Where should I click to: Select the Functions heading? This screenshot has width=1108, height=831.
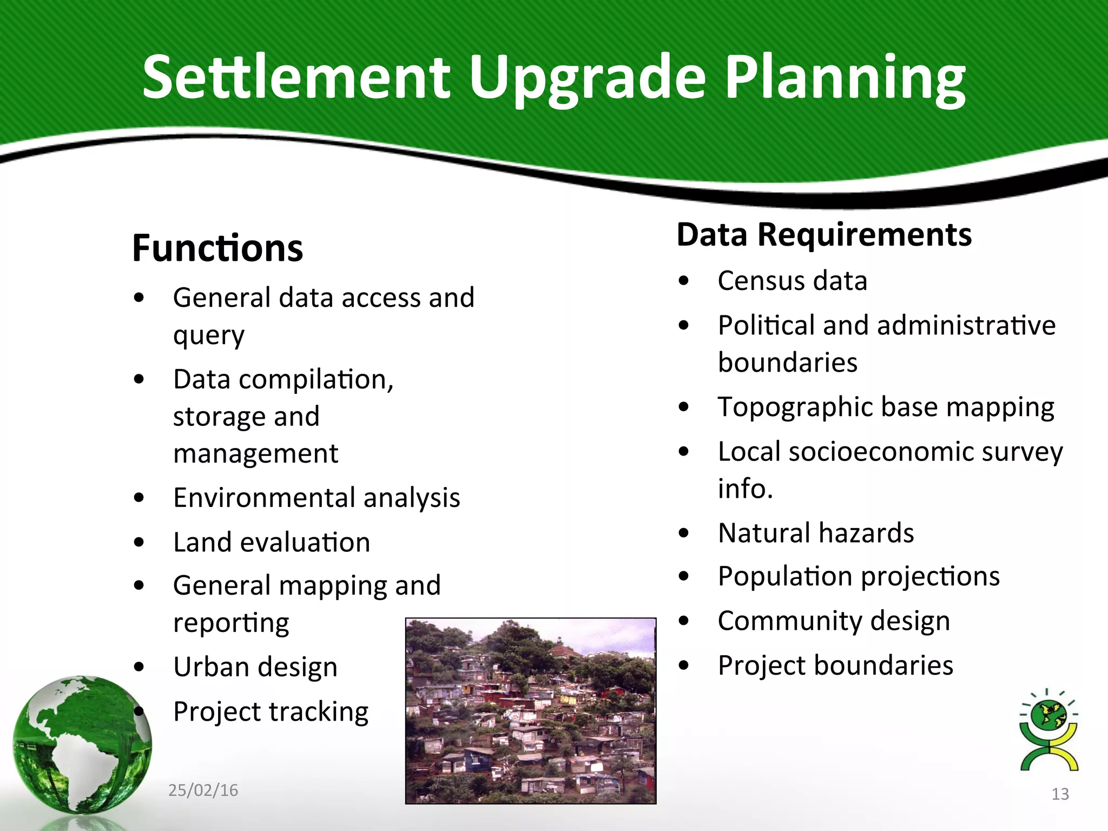(217, 249)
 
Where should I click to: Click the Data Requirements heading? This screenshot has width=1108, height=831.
(823, 235)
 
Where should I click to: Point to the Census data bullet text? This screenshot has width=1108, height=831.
(792, 281)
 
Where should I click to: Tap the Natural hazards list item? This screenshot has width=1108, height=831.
(815, 533)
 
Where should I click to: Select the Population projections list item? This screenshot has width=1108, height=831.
(858, 577)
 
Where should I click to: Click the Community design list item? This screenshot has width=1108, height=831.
(833, 621)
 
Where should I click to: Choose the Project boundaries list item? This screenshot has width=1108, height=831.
(835, 665)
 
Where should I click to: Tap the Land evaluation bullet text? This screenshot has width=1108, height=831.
(271, 542)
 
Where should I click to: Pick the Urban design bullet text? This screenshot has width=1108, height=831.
(255, 667)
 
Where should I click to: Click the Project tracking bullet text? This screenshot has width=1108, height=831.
(271, 711)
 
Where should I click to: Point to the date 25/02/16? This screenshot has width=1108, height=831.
(203, 790)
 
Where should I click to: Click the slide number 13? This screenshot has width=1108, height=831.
(1060, 794)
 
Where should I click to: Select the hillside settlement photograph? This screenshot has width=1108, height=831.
(530, 710)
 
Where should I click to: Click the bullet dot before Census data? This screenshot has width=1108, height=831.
(684, 281)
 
